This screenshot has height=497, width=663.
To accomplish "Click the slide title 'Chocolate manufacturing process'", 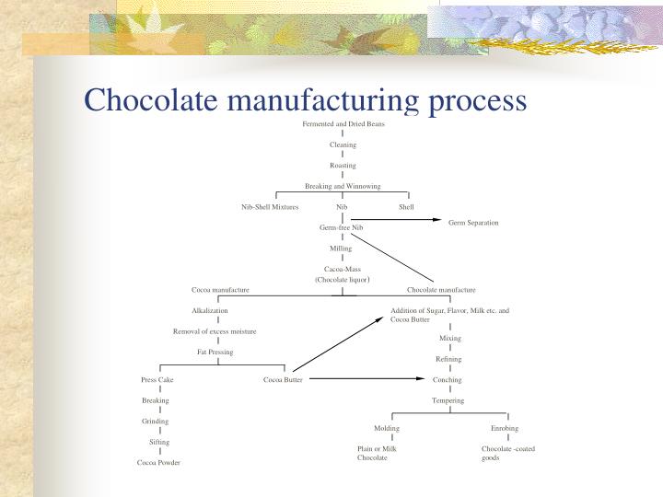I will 305,99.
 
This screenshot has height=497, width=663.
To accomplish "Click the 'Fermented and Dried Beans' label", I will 343,123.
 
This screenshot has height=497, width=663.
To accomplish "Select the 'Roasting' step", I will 343,165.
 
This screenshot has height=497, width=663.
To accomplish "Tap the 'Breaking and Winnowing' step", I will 343,186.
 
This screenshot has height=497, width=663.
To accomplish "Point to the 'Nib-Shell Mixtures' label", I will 270,207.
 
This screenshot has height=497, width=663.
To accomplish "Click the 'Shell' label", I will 406,207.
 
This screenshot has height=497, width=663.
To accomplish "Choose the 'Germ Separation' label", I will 473,223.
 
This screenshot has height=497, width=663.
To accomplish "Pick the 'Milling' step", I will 341,248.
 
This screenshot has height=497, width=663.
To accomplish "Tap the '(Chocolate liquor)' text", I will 342,279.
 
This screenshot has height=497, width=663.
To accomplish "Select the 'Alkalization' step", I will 209,310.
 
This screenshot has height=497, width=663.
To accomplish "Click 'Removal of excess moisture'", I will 215,330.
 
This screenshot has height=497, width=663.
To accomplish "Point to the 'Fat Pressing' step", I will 215,352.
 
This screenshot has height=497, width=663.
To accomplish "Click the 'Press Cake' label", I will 157,379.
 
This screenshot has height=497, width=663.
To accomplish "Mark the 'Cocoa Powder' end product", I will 158,462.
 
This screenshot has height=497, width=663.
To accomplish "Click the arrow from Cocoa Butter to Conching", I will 368,379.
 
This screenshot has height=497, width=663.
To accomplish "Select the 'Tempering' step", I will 448,400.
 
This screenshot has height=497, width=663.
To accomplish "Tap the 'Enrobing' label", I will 505,428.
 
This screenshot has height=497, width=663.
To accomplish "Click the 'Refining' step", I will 448,359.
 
